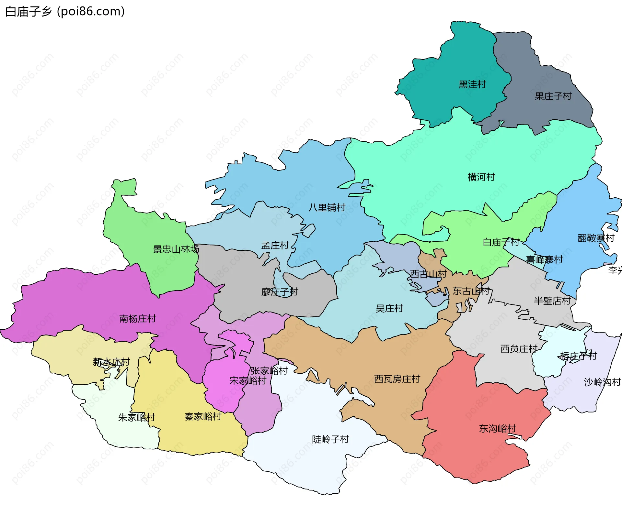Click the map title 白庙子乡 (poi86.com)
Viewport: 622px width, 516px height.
pos(65,12)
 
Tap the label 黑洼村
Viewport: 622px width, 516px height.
pos(472,85)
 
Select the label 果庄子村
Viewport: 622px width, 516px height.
pos(553,96)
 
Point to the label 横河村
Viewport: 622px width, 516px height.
pos(481,177)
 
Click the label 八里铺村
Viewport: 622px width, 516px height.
pos(327,208)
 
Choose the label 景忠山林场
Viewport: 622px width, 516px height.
pos(176,249)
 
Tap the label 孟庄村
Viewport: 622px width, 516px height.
pos(275,246)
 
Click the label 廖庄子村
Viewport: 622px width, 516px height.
pos(280,292)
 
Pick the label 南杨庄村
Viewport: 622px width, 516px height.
pos(137,319)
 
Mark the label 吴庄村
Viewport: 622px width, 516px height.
pos(389,309)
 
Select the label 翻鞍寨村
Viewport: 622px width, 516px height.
pos(596,238)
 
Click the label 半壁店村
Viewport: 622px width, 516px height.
pos(552,301)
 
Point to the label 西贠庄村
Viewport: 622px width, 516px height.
pos(519,349)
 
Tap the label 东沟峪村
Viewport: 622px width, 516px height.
pos(497,429)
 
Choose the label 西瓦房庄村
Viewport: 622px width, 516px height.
pos(397,379)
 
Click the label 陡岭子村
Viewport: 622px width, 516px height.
pos(330,440)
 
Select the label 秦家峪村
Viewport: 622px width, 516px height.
pos(203,417)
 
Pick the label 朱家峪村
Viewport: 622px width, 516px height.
pos(136,418)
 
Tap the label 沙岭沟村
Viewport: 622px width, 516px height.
pos(602,382)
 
